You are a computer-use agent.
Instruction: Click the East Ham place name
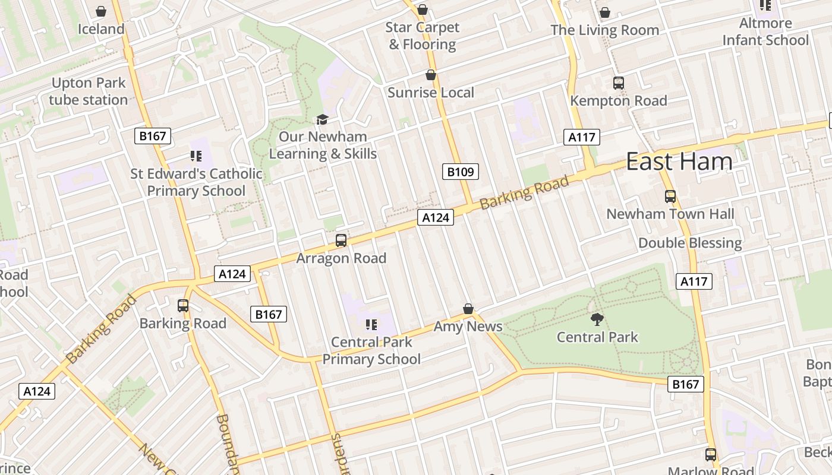pyautogui.click(x=679, y=161)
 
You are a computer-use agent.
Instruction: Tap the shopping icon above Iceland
pyautogui.click(x=101, y=11)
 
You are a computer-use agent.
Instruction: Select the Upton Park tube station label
pyautogui.click(x=89, y=91)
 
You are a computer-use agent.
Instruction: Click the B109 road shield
pyautogui.click(x=461, y=172)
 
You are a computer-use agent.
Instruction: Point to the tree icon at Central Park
pyautogui.click(x=597, y=320)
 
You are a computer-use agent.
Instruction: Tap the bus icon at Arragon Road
pyautogui.click(x=341, y=240)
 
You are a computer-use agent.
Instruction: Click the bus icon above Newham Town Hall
pyautogui.click(x=670, y=197)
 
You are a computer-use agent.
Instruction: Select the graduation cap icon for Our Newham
pyautogui.click(x=322, y=120)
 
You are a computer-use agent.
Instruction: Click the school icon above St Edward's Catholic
pyautogui.click(x=196, y=156)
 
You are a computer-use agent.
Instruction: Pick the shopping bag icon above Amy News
pyautogui.click(x=468, y=309)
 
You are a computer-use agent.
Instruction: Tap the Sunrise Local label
pyautogui.click(x=431, y=93)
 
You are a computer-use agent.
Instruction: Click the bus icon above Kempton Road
pyautogui.click(x=619, y=83)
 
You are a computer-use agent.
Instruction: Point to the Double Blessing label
pyautogui.click(x=690, y=243)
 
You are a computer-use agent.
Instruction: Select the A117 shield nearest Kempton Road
pyautogui.click(x=581, y=137)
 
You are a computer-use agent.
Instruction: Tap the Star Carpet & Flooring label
pyautogui.click(x=422, y=36)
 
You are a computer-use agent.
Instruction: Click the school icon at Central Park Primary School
pyautogui.click(x=371, y=324)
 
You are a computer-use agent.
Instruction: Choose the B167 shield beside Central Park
pyautogui.click(x=686, y=384)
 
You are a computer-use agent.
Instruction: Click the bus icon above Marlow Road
pyautogui.click(x=711, y=455)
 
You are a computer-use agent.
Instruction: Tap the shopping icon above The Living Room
pyautogui.click(x=605, y=12)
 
